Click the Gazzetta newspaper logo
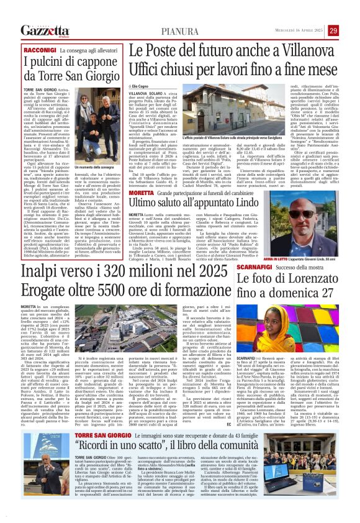pyautogui.click(x=44, y=30)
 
